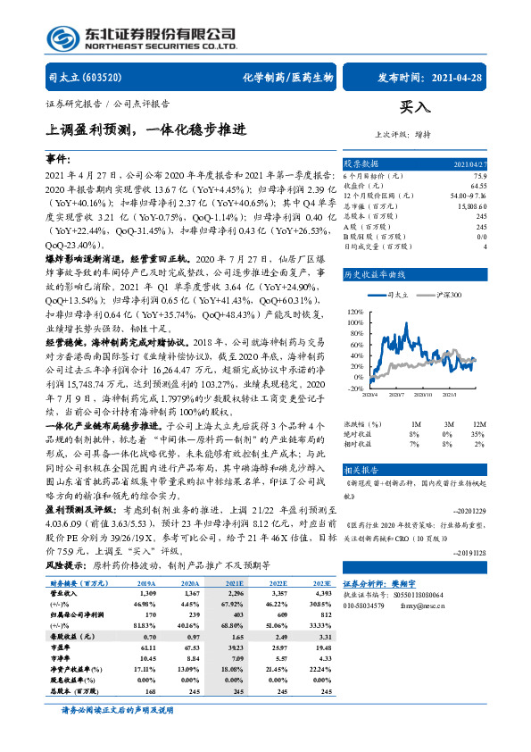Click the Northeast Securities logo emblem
click(62, 40)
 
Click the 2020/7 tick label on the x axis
click(396, 394)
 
